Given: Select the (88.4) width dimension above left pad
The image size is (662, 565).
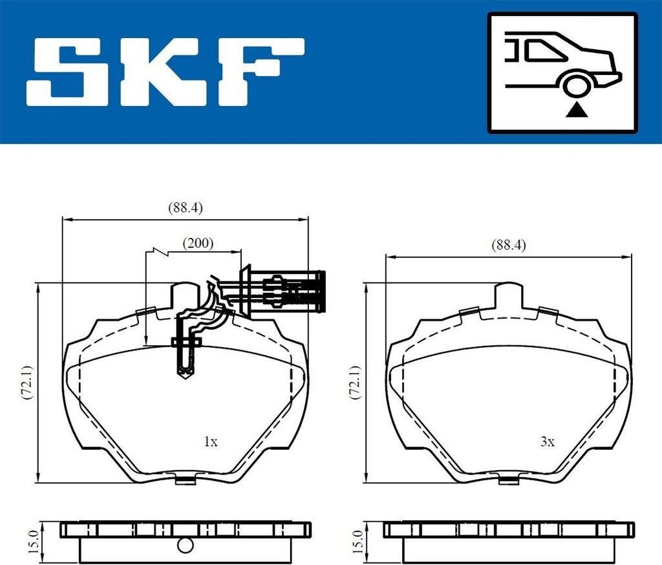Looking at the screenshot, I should [x=186, y=208].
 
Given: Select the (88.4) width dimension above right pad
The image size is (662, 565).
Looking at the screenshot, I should [x=509, y=245].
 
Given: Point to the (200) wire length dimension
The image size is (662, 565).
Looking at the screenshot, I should [x=197, y=244].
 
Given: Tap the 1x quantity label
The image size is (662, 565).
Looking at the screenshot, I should [x=210, y=442].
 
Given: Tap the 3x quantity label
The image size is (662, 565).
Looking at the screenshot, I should [x=547, y=442].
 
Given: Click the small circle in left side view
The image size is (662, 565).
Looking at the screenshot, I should [x=186, y=545].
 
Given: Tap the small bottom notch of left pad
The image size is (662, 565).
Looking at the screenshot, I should [x=186, y=479].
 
